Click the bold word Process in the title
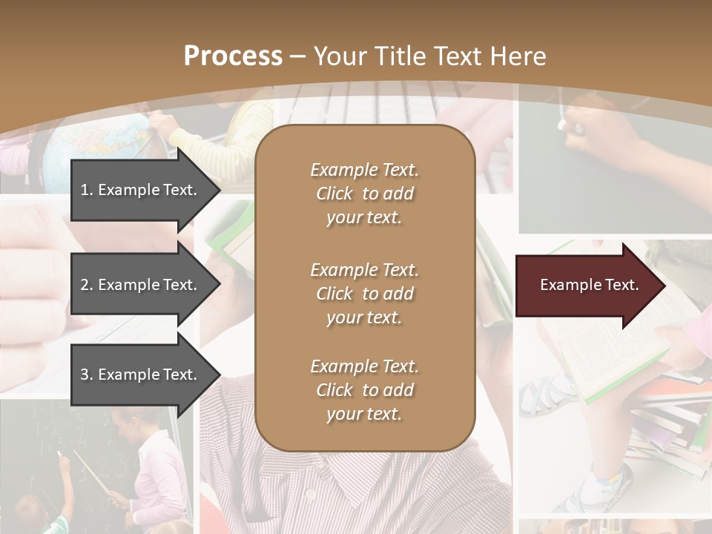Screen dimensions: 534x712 click(233, 56)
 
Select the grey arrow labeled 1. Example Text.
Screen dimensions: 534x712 click(141, 190)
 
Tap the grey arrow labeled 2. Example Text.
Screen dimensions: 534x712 click(141, 285)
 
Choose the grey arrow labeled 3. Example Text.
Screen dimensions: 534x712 click(141, 375)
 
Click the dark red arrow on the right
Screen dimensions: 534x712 click(586, 286)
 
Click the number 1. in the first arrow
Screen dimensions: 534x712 click(87, 190)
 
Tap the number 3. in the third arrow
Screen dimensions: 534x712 click(87, 375)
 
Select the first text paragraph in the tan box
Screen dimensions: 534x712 click(364, 194)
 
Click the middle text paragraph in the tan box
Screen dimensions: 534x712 click(364, 294)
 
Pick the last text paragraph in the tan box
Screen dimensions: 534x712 click(364, 390)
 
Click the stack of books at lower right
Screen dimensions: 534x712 click(667, 423)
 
